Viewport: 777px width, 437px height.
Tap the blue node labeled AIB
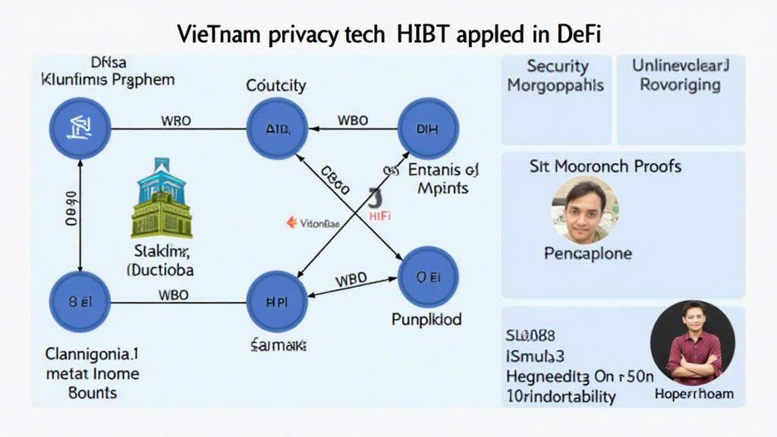coord(278,128)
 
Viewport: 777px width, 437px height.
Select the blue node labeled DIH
coord(427,128)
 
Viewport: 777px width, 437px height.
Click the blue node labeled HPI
coord(278,300)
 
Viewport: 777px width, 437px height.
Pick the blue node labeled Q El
coord(427,276)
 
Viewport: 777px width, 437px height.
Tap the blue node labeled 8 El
coord(80,301)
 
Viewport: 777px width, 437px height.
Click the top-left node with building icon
coord(80,128)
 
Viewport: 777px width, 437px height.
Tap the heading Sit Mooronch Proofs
coord(605,166)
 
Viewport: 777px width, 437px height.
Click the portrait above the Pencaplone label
coord(584,210)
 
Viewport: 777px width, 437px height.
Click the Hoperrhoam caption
coord(694,394)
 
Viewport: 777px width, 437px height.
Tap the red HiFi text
coord(379,216)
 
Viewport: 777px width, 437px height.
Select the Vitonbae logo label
coord(314,223)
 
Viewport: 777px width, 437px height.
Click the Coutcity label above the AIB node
coord(276,86)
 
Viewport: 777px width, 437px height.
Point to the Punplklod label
coord(426,319)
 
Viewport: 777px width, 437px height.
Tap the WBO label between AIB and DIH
coord(352,121)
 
